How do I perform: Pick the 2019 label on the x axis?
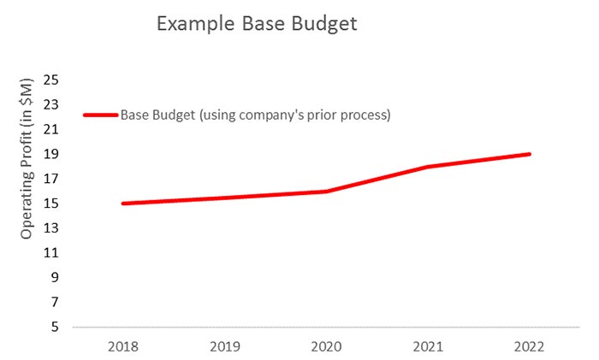point(224,348)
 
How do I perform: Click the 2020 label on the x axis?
point(326,348)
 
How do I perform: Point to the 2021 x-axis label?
point(428,348)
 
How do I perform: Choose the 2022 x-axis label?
point(530,348)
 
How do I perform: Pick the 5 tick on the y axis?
point(55,328)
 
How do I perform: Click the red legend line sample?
point(100,115)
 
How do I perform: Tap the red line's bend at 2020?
point(326,192)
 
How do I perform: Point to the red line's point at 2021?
point(428,167)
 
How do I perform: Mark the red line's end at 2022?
point(530,154)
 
